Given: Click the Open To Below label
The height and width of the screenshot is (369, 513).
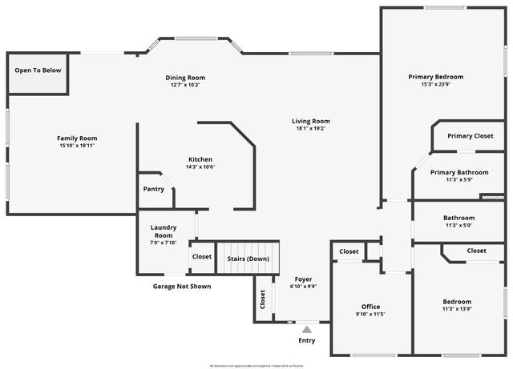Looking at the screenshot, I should pos(38,70).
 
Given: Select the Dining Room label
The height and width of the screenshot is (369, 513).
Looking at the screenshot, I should pos(186,78).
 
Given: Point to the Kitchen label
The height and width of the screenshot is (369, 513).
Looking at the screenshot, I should pos(200,158).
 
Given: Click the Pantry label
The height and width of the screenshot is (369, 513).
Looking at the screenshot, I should pos(153,189).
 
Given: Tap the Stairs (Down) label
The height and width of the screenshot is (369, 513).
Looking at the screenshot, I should pos(248,258).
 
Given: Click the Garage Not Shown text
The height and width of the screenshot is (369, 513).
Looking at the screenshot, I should pos(182,286).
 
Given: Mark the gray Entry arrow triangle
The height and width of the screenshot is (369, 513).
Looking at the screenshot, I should pos(306,328).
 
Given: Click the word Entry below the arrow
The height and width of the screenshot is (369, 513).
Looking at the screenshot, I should pos(306,340).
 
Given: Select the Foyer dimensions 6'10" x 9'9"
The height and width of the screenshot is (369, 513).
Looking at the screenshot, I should pos(303,286).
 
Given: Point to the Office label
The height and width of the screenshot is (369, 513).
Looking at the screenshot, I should pos(370,307).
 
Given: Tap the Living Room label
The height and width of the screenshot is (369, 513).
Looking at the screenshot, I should pos(311,121).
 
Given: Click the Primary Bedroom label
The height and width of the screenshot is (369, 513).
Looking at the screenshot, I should pos(435,77).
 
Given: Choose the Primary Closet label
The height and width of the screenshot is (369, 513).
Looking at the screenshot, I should pos(470,136).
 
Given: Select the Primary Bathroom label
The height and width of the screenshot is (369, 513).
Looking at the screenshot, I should pos(458,172).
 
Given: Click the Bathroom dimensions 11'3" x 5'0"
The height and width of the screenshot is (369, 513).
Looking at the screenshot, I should pos(458,225).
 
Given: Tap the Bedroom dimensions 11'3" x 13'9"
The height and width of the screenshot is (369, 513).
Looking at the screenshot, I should pos(457,309).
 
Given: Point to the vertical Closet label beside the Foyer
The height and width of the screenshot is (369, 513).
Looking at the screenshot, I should pos(263,299).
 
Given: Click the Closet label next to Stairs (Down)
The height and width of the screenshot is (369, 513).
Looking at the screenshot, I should pos(202,257).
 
